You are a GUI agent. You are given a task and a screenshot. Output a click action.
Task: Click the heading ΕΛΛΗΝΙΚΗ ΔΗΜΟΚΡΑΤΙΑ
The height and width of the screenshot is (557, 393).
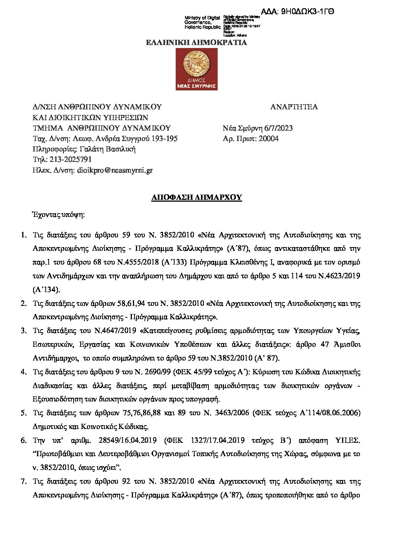point(196,42)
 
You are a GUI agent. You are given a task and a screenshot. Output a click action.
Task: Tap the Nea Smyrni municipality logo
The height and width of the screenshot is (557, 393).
point(196,69)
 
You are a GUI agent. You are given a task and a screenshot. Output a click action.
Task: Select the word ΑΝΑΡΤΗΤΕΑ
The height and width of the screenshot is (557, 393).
point(294,107)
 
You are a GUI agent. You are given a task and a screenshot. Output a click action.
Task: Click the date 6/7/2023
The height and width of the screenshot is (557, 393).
point(279,128)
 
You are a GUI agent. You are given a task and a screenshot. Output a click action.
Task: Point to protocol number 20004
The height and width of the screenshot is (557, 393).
point(269,139)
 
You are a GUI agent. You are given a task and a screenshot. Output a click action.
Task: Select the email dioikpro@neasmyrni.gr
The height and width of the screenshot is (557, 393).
point(114,170)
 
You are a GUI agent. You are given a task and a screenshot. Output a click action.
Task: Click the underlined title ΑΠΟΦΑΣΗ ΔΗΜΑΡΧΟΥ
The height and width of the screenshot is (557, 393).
point(196,197)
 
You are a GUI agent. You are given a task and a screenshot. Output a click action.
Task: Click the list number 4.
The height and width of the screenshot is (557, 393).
point(23,372)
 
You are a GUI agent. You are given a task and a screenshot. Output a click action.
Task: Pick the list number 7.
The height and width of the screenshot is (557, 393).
point(23,481)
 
